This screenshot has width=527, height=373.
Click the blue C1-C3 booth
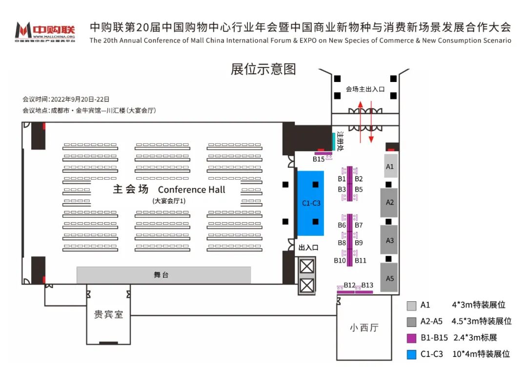[311, 203]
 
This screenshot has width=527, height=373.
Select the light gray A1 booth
[389, 166]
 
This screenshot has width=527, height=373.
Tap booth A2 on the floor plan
[389, 202]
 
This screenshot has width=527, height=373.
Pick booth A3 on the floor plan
[389, 240]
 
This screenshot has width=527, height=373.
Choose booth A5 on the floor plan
[389, 278]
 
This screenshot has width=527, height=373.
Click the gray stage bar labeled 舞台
[163, 275]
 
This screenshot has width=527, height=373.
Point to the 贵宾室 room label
[108, 315]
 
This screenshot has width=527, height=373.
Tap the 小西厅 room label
[364, 328]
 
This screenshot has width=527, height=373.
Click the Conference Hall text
[192, 189]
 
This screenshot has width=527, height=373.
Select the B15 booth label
[319, 159]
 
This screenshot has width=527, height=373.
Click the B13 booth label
[367, 285]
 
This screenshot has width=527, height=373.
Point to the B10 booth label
[340, 261]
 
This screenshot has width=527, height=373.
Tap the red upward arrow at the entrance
[361, 120]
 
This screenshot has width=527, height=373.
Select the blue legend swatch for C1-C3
[411, 354]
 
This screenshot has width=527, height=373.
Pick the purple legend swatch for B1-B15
[411, 338]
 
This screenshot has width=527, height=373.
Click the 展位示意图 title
[263, 69]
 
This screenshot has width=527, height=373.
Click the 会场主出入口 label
[365, 89]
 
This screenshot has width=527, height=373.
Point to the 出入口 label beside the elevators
[308, 248]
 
